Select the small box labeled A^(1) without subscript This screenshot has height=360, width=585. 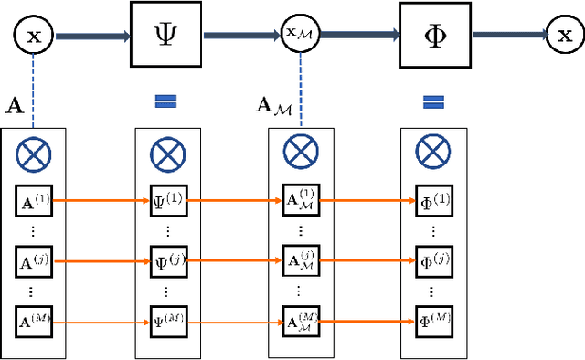click(x=34, y=198)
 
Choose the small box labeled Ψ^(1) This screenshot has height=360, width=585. click(x=167, y=198)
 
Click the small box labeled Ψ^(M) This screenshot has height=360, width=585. click(x=167, y=321)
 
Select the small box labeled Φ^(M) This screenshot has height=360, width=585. click(x=433, y=321)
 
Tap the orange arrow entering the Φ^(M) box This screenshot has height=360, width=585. click(x=366, y=321)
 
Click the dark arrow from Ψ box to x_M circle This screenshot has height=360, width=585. click(x=239, y=35)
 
